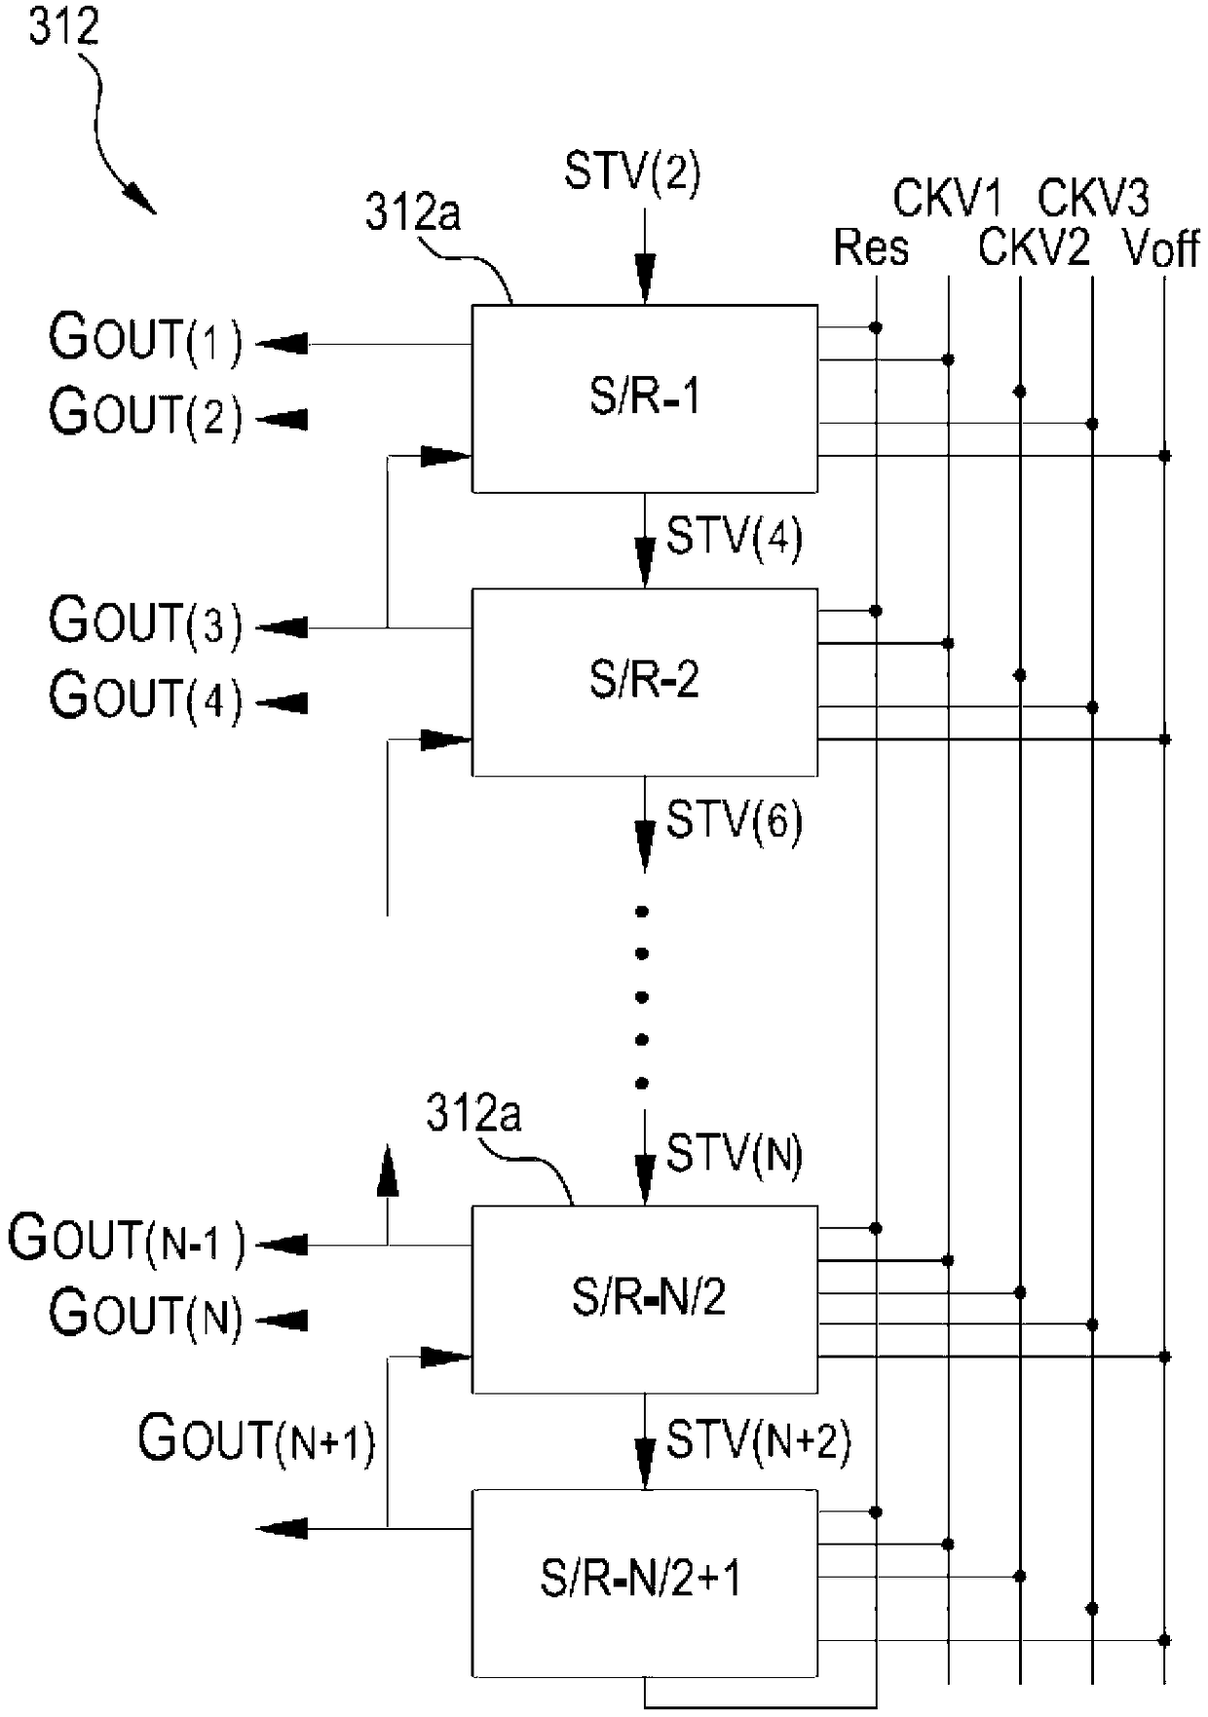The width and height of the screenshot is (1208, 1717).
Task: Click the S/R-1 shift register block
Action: pyautogui.click(x=644, y=398)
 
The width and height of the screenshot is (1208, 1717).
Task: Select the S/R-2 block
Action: pyautogui.click(x=644, y=682)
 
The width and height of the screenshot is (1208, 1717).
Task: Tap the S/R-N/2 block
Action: pyautogui.click(x=644, y=1299)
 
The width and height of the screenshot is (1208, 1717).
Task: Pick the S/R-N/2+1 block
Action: pyautogui.click(x=644, y=1583)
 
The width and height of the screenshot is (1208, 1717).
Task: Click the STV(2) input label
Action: pyautogui.click(x=632, y=173)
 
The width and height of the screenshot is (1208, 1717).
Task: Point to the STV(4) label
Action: pyautogui.click(x=734, y=537)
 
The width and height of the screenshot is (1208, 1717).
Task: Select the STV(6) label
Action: pyautogui.click(x=734, y=820)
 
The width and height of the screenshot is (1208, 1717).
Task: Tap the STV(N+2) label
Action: pyautogui.click(x=758, y=1439)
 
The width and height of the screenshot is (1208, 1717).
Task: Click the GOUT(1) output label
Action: pyautogui.click(x=145, y=339)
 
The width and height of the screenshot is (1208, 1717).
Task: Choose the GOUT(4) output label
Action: pyautogui.click(x=145, y=698)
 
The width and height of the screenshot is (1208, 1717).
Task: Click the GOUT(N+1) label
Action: pyautogui.click(x=256, y=1439)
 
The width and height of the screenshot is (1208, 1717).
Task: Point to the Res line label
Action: pyautogui.click(x=870, y=247)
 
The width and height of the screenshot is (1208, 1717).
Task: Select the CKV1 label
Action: pyautogui.click(x=947, y=199)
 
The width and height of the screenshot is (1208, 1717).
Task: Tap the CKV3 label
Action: pyautogui.click(x=1093, y=199)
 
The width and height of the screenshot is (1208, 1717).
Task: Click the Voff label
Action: pyautogui.click(x=1161, y=247)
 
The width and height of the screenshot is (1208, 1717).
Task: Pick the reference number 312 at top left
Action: pyautogui.click(x=63, y=26)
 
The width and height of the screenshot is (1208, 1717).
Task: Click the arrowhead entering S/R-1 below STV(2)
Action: pyautogui.click(x=644, y=279)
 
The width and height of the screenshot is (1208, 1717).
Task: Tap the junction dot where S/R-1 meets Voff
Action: pyautogui.click(x=1164, y=456)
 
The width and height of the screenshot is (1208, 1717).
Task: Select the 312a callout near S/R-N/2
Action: pyautogui.click(x=473, y=1113)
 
